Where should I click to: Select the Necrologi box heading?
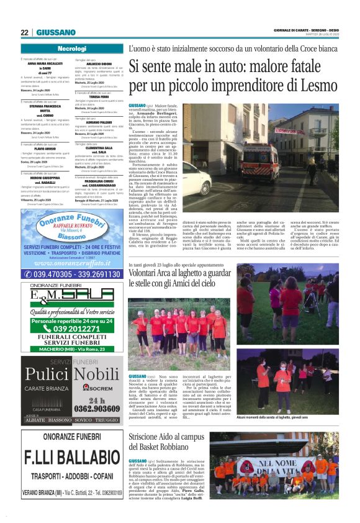pos(71,48)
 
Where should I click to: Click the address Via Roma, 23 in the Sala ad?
pos(94,348)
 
